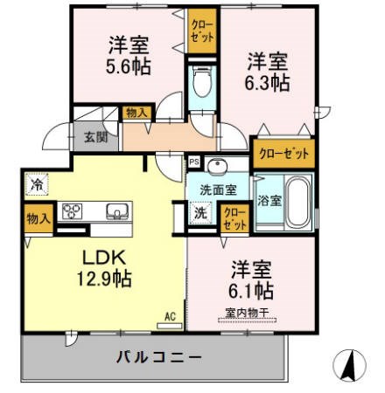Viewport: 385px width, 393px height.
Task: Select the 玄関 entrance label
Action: point(95,136)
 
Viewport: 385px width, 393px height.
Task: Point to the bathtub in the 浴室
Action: point(298,202)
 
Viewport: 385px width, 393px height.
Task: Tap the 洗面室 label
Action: point(219,189)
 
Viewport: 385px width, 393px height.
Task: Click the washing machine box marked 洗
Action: point(200,212)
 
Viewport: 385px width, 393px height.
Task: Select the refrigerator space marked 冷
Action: point(37,184)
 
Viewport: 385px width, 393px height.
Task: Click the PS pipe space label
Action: point(193,162)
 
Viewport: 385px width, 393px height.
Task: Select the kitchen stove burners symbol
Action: point(71,211)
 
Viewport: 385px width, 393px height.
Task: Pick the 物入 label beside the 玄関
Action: point(137,113)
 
